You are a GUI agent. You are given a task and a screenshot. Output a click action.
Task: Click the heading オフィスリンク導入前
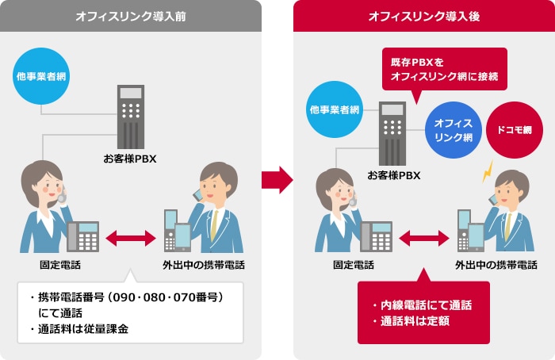click(x=131, y=16)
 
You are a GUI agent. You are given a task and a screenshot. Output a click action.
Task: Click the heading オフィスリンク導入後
click(x=424, y=16)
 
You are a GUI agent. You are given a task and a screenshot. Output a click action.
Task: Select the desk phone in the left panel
click(x=83, y=236)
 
